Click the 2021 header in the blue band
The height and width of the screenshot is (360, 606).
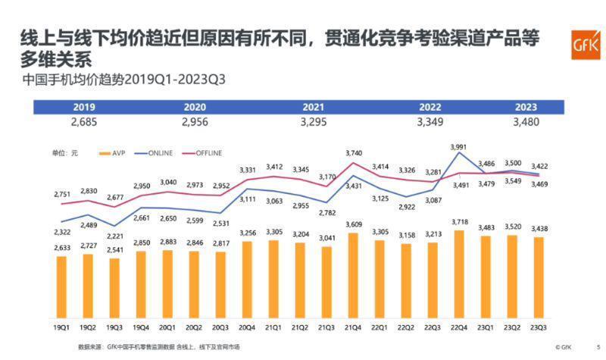coord(314,107)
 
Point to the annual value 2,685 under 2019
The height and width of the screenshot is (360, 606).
coord(84,121)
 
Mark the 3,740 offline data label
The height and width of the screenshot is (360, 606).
coord(353,154)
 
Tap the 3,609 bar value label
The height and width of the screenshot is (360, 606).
coord(353,224)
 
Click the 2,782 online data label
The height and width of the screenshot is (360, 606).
coord(327,214)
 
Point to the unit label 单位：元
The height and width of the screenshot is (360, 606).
coord(64,153)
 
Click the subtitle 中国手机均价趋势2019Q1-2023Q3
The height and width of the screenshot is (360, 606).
coord(124,79)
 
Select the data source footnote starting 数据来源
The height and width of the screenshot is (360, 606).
coord(158,347)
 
